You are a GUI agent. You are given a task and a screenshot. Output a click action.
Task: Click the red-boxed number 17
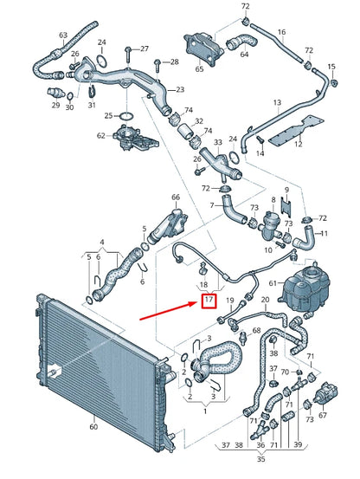207,301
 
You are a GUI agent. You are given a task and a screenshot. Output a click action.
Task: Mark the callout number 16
281,33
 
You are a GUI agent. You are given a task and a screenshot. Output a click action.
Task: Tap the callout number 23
179,89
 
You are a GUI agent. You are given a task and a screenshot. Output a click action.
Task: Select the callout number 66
176,197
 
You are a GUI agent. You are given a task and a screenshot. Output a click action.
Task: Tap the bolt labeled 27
128,49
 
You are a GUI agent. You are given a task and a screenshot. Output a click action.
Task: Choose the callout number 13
277,103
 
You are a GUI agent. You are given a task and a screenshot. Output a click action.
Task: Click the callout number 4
102,242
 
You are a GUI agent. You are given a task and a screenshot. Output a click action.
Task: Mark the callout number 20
266,299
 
